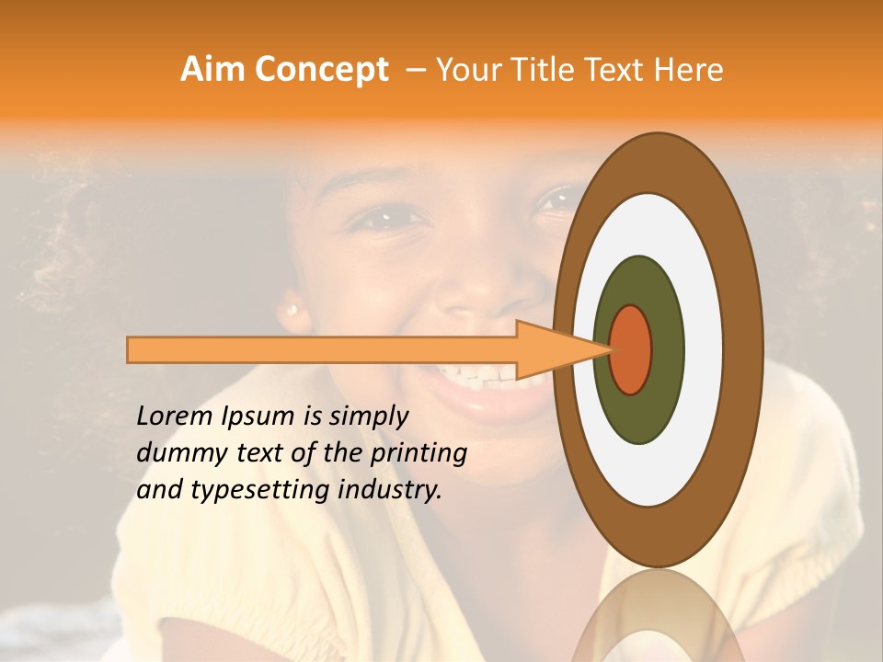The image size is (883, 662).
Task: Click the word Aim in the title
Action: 212,70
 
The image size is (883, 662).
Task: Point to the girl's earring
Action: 293,310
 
